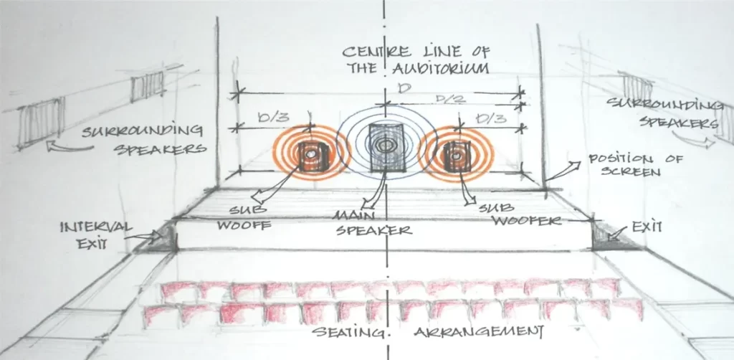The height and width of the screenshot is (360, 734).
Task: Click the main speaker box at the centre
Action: pos(386,147)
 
